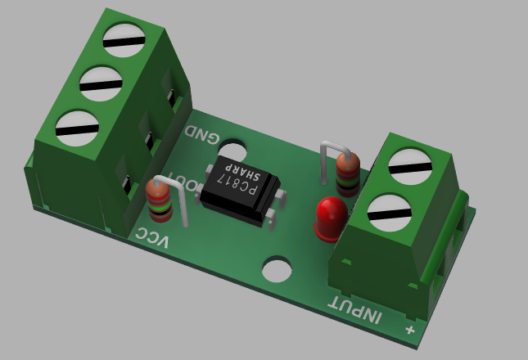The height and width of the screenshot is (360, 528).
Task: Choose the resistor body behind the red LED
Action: pyautogui.click(x=347, y=173)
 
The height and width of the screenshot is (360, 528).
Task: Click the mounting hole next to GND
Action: pyautogui.click(x=232, y=152)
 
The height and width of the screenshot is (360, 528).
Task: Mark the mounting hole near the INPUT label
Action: pyautogui.click(x=277, y=270)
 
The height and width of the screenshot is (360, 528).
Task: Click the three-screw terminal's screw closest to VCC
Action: pyautogui.click(x=77, y=127)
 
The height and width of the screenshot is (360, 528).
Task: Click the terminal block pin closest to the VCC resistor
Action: pyautogui.click(x=128, y=187)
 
